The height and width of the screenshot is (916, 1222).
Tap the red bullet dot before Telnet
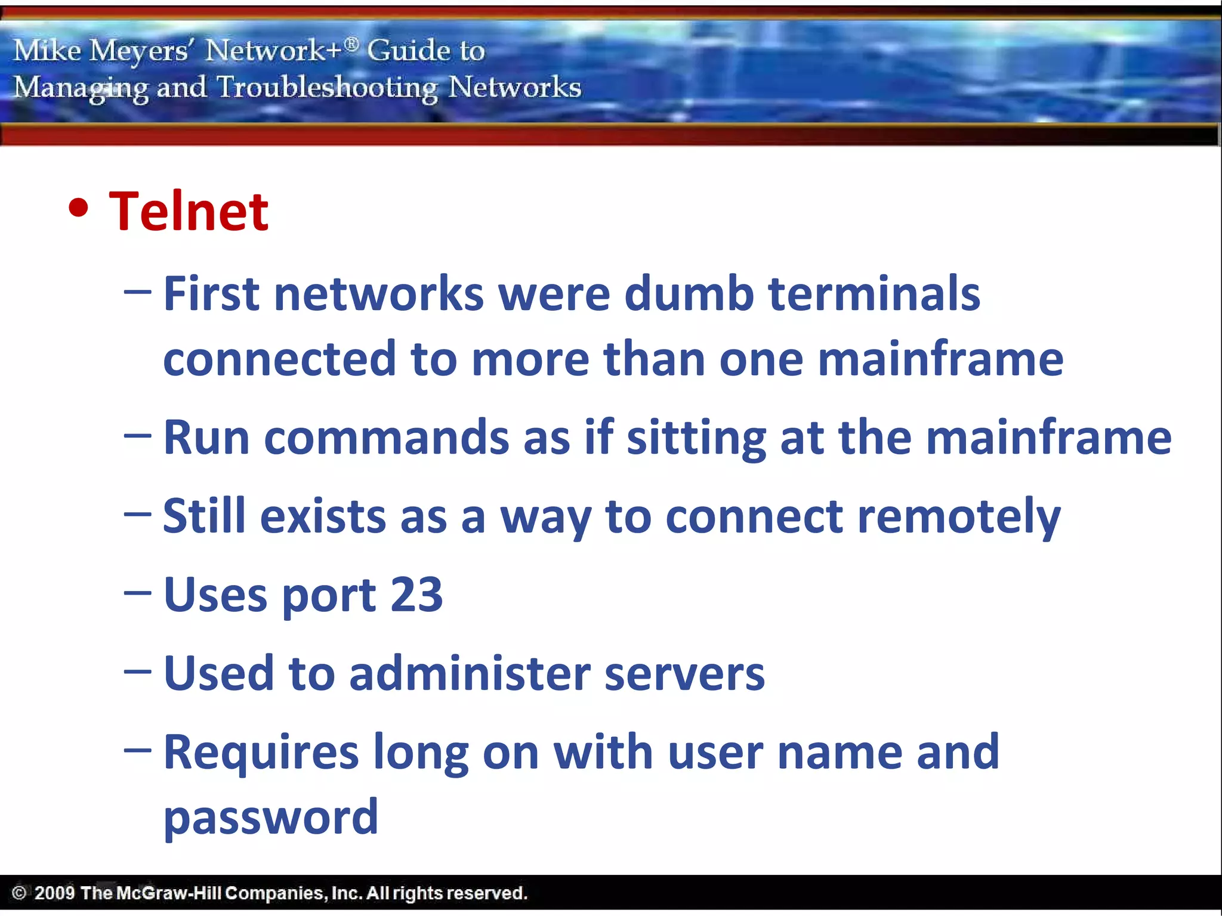coord(79,208)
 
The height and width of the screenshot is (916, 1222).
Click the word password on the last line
coord(271,817)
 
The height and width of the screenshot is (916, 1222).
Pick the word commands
coord(387,438)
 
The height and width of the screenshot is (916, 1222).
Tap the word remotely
coord(959,517)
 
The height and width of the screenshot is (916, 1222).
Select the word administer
coord(470,673)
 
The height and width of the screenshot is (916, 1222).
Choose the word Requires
coord(261,753)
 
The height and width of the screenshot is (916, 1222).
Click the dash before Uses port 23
coord(137,593)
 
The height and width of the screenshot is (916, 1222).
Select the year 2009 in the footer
coord(54,893)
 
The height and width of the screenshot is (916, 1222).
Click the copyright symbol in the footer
coord(19,893)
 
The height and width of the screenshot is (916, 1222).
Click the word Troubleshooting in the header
coord(327,88)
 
